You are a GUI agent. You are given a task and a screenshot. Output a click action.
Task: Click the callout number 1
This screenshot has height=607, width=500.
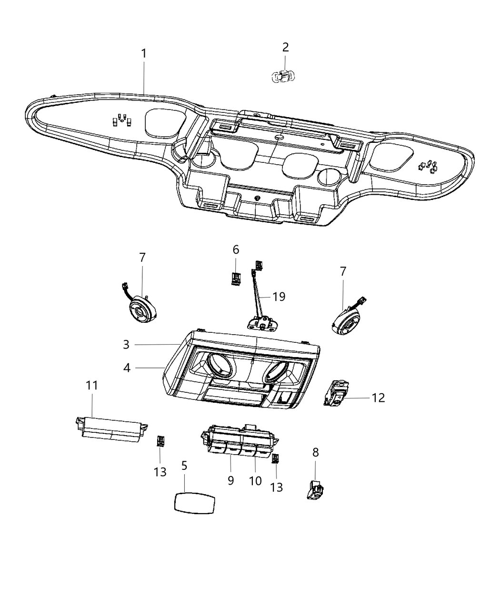(x=143, y=53)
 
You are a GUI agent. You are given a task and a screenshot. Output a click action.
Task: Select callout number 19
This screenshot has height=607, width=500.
(x=279, y=297)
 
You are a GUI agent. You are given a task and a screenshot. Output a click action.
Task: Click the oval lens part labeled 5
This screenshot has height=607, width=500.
(x=193, y=503)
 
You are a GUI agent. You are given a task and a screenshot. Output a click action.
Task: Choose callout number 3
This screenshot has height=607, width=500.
(x=126, y=344)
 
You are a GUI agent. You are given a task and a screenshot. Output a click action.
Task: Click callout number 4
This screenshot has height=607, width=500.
(x=127, y=368)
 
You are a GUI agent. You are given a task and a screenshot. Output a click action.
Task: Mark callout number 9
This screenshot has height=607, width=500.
(x=230, y=480)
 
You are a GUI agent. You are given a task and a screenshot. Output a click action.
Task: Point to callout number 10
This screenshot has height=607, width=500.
(x=255, y=480)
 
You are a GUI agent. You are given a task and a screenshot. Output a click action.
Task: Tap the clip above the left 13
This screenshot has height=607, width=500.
(x=160, y=440)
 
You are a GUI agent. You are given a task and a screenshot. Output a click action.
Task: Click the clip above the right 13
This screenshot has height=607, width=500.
(x=275, y=458)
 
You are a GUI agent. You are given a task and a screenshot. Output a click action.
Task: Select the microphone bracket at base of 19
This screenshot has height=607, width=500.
(x=260, y=324)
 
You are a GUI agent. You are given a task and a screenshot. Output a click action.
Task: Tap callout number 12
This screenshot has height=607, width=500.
(x=378, y=397)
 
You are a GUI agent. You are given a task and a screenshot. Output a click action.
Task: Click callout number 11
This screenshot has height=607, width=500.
(x=92, y=385)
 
